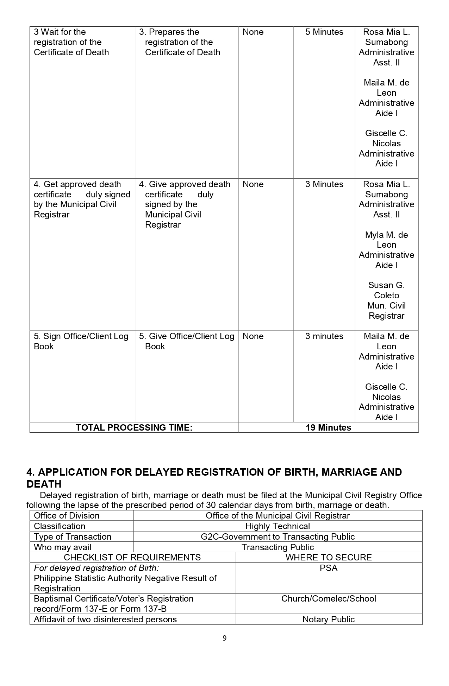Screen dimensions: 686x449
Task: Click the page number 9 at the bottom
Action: pos(224,638)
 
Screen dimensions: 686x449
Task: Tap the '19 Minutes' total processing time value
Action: pos(328,427)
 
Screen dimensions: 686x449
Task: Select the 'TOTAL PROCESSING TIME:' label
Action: pos(134,427)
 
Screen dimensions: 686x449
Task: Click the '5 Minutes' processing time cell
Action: pos(324,32)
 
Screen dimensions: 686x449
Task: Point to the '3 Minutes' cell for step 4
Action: pos(324,184)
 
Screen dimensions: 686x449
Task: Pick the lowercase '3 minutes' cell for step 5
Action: pos(324,336)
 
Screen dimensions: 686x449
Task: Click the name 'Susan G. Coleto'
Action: pos(386,290)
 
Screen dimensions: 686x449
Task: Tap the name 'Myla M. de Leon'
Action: pos(386,240)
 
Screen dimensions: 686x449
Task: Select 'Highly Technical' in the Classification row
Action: pos(277,526)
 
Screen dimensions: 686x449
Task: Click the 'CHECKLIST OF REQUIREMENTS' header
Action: pos(132,558)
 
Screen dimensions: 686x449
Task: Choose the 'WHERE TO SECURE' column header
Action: pos(329,558)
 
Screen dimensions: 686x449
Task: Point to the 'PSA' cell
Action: pos(329,568)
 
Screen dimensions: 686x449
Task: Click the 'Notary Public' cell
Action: pos(329,620)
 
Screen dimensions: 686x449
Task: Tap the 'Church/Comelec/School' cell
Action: pos(329,599)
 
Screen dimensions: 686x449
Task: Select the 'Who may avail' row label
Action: pos(62,547)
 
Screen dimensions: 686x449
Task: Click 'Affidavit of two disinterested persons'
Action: pos(105,620)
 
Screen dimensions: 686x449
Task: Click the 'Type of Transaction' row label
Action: pos(73,537)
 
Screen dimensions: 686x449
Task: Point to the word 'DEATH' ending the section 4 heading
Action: pos(44,484)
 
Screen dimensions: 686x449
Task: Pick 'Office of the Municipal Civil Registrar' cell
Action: pos(277,516)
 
